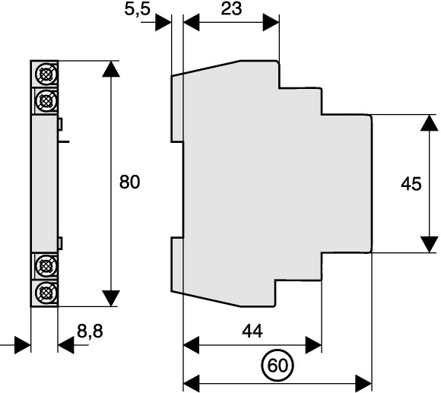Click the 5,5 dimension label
coord(138,10)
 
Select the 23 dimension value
coord(231,8)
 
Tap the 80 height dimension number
coord(129,182)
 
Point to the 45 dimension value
coord(411,184)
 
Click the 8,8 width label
coord(90,331)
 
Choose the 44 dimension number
coord(252,331)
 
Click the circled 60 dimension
coord(278,366)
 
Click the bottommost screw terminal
coord(45,293)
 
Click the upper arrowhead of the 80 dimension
coord(111,69)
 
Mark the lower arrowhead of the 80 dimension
coord(111,298)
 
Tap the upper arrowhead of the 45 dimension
coord(429,122)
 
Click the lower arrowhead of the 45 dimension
coord(429,245)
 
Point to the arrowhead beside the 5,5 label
coord(163,22)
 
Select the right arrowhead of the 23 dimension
coord(271,22)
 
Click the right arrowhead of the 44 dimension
coord(313,344)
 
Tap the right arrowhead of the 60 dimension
coord(364,383)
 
